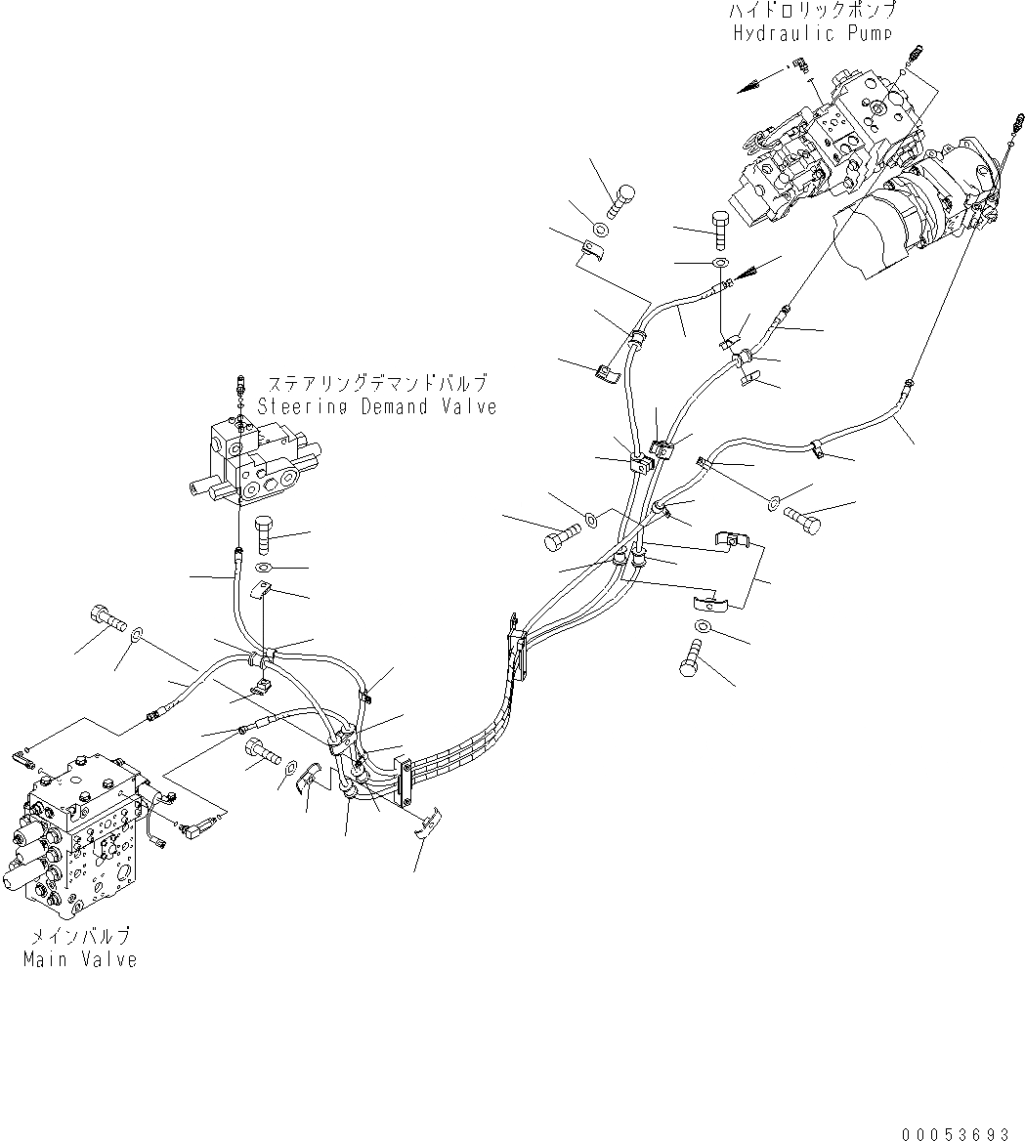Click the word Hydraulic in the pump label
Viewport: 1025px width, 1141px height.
(x=772, y=33)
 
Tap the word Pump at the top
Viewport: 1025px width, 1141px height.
(x=866, y=33)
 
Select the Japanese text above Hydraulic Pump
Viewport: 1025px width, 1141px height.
(x=811, y=12)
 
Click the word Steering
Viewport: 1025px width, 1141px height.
(x=299, y=406)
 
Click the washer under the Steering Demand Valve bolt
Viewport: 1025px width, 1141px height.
(x=266, y=568)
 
